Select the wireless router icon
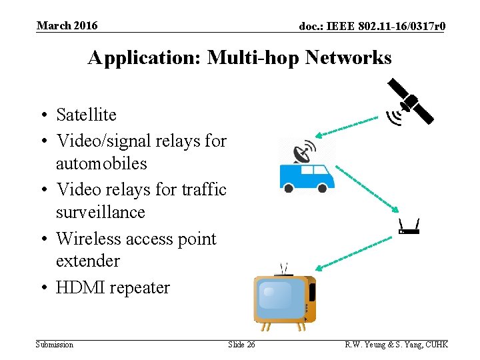tap(408, 227)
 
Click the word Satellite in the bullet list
tap(86, 115)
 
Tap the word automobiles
tap(101, 163)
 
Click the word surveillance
tap(101, 212)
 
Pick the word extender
tap(88, 261)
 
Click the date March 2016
tap(67, 26)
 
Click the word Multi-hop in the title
tap(253, 57)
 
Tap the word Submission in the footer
tap(55, 344)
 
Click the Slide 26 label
tap(241, 344)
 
